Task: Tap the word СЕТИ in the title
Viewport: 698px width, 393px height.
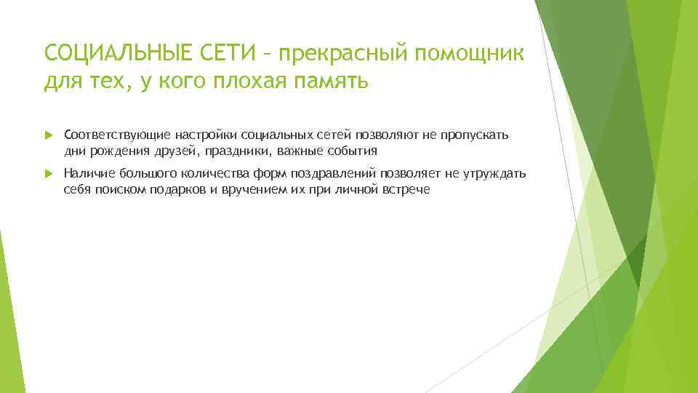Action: (x=221, y=52)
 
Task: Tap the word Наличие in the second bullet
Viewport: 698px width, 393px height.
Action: (x=85, y=174)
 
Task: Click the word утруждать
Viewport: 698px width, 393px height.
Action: (x=495, y=174)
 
